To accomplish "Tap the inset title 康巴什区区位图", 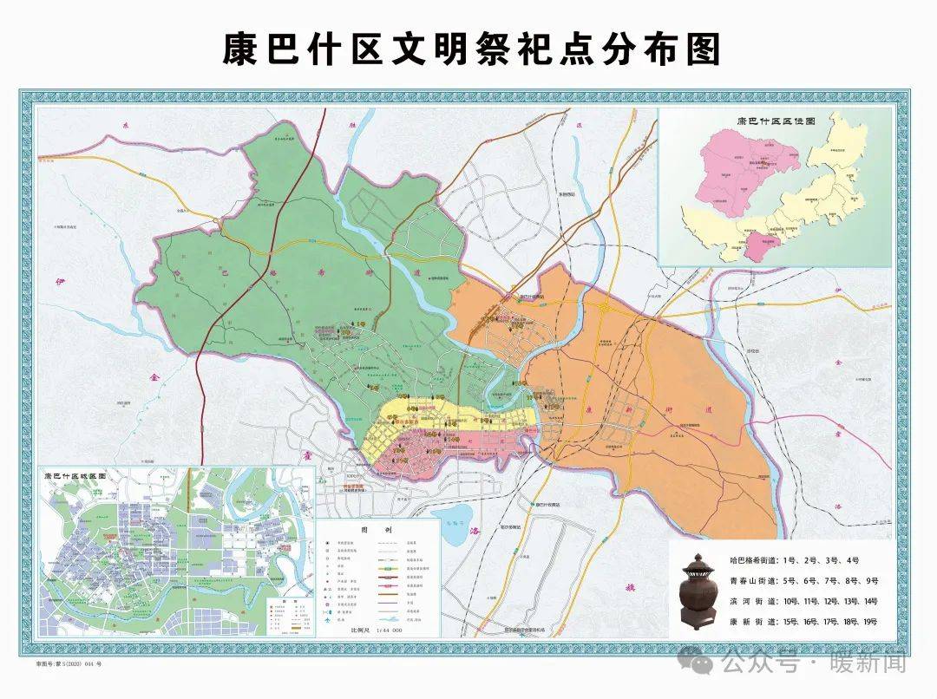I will tap(775, 122).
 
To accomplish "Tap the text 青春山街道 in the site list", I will tap(751, 581).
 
